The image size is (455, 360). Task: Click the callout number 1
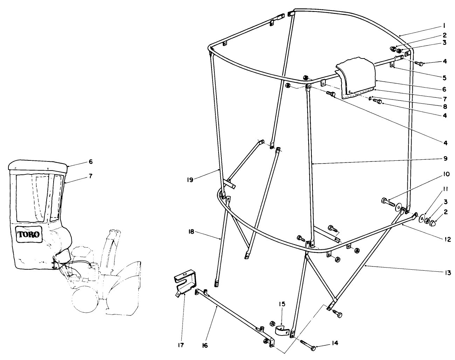443,25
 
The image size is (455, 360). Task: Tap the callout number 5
444,78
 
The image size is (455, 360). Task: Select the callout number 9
445,159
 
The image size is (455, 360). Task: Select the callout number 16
205,345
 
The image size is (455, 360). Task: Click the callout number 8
444,105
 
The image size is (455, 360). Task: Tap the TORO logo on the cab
29,233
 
